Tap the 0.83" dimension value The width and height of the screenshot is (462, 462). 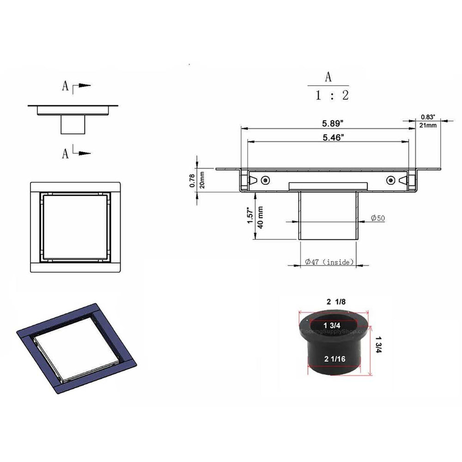(428, 117)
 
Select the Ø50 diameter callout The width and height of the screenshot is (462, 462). (378, 219)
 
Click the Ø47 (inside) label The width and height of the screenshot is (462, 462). (329, 262)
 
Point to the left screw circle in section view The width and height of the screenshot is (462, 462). (265, 180)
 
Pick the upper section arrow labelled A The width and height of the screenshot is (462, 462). (77, 86)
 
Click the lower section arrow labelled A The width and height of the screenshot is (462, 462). (77, 152)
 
